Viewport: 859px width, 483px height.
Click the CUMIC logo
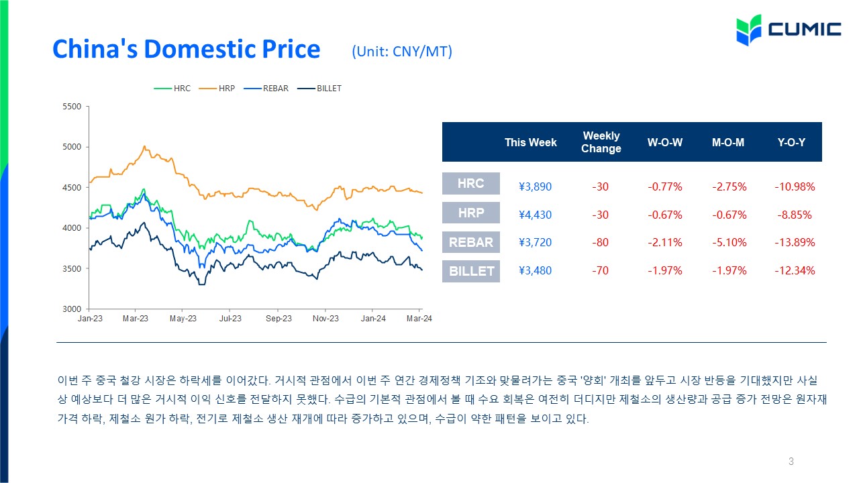pos(789,30)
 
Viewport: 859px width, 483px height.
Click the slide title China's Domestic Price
pos(187,49)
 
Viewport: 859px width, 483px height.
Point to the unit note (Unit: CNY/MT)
pos(402,52)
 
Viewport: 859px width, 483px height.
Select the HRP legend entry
pos(217,89)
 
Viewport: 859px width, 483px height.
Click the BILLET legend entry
pos(319,89)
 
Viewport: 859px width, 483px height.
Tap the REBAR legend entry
pos(266,89)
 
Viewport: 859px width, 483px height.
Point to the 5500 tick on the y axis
pos(72,107)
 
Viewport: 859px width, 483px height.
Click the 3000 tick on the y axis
pos(72,309)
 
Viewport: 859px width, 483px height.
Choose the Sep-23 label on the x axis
pos(279,319)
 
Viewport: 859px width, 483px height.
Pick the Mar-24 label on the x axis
pos(419,319)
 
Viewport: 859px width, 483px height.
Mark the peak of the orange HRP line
pos(144,146)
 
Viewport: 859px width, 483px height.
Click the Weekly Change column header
pos(601,142)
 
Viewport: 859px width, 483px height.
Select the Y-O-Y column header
pos(791,143)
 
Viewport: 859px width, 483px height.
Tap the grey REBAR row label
pos(471,242)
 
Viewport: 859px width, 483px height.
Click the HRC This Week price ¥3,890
pos(535,186)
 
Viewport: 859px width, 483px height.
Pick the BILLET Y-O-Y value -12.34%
pos(795,270)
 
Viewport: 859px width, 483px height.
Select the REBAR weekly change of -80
pos(600,243)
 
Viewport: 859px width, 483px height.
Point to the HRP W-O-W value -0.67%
pos(665,215)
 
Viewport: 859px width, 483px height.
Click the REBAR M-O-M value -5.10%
pos(729,243)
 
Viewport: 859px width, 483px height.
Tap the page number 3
pos(791,461)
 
